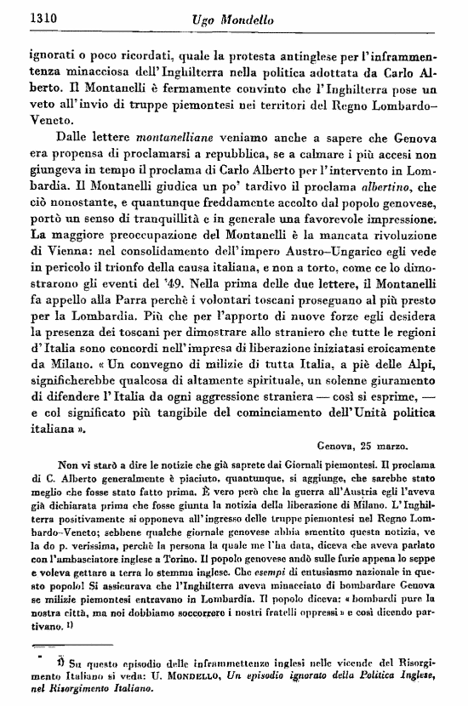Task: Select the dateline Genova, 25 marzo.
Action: point(363,443)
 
